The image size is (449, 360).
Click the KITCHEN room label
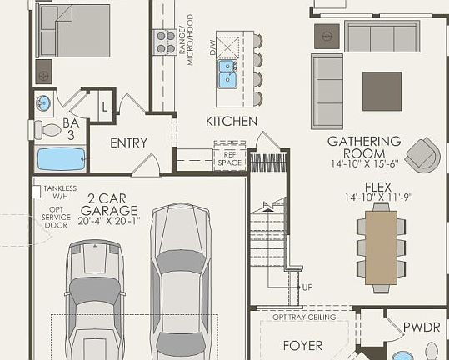coord(232,122)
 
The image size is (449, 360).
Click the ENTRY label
coord(128,143)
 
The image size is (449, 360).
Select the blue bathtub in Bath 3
coord(62,158)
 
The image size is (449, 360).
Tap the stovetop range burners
coord(164,42)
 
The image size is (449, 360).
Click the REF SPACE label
coord(229,157)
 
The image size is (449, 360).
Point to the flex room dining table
coord(381,247)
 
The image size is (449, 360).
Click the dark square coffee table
coord(382,91)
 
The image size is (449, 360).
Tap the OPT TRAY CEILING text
coord(304,317)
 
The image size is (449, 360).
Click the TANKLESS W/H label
coord(59,192)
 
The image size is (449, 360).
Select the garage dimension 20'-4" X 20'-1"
coord(108,221)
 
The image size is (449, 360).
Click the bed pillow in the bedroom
coord(47,18)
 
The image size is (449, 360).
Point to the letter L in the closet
coord(104,107)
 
